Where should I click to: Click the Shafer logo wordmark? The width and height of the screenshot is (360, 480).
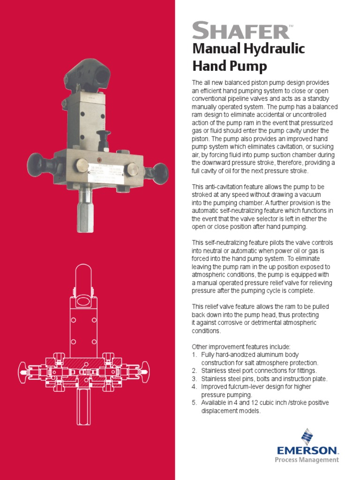[x=240, y=31]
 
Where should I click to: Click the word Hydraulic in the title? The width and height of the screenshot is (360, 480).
[x=277, y=48]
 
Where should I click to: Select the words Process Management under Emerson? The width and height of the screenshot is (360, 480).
[x=306, y=460]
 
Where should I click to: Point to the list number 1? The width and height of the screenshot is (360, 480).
[x=194, y=355]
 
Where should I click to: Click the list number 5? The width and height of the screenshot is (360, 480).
[x=194, y=403]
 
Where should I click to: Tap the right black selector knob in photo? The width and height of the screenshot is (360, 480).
[x=160, y=172]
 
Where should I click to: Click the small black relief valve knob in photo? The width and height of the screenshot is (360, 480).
[x=103, y=137]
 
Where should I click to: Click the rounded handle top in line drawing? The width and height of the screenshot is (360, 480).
[x=83, y=276]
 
